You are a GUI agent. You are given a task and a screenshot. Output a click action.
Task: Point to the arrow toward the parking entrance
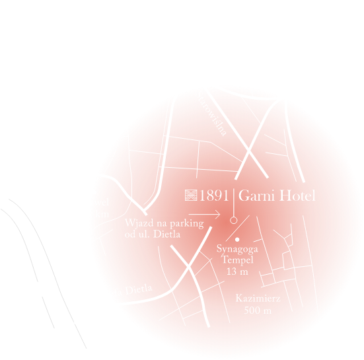[x=203, y=214]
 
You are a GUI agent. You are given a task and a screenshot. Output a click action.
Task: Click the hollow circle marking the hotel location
[x=233, y=220]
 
